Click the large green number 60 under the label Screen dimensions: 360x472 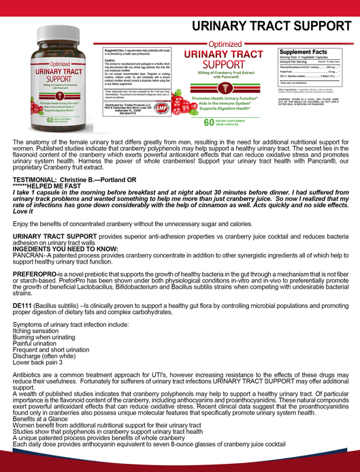click(x=209, y=123)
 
